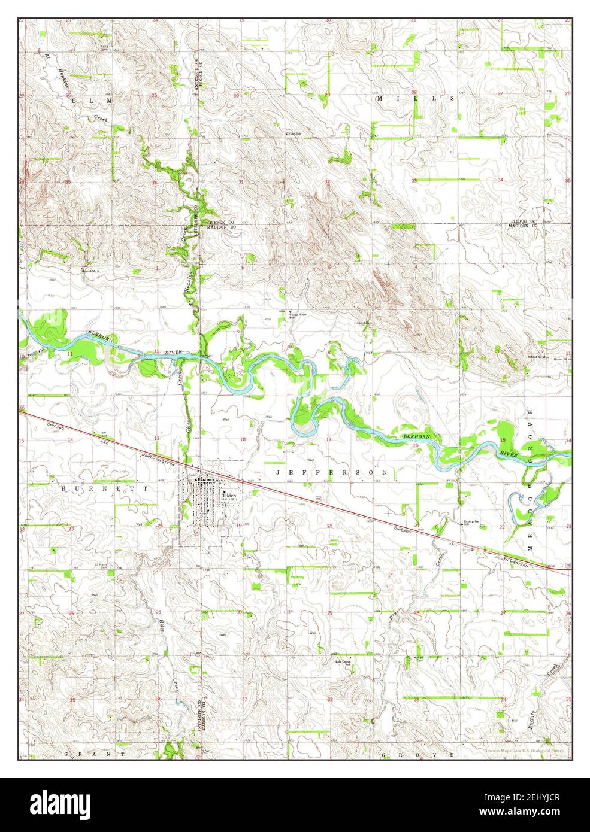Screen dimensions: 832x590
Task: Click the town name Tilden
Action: [x=229, y=496]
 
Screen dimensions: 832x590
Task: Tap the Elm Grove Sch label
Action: [x=342, y=664]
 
